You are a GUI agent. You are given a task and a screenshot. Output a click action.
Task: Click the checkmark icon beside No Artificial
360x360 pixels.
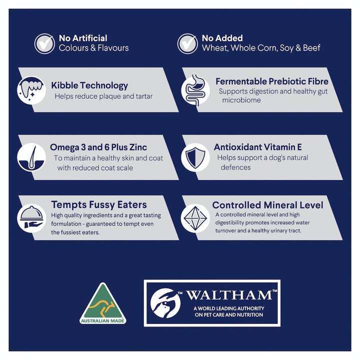point(44,43)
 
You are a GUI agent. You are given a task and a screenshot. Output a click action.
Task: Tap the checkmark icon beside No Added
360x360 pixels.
point(187,43)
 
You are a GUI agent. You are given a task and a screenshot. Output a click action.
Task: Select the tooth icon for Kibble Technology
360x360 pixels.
point(31,90)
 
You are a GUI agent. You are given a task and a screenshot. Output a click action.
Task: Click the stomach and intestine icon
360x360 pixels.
point(195,90)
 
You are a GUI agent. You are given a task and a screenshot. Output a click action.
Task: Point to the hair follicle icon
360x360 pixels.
point(31,157)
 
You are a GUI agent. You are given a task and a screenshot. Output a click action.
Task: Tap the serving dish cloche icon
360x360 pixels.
point(31,218)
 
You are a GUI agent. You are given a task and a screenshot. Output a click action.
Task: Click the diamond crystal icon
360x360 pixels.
point(195,218)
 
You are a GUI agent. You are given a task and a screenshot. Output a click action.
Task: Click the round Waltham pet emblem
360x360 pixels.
point(165,303)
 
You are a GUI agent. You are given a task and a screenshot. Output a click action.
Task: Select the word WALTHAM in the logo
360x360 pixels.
point(229,295)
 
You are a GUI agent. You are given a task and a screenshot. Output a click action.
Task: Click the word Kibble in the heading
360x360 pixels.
point(61,85)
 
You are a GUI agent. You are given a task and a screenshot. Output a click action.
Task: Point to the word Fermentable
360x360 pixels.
point(241,81)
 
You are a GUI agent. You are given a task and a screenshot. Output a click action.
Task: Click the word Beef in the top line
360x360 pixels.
point(311,48)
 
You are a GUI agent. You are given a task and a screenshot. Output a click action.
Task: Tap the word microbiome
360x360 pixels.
point(241,100)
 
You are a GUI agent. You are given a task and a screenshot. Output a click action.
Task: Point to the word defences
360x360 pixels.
point(235,167)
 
